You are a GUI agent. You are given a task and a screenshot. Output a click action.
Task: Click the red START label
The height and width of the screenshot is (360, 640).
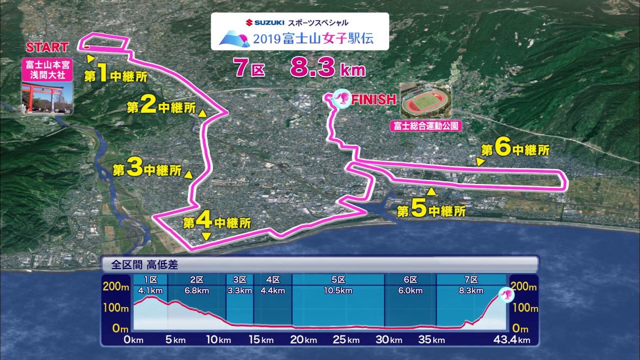point(47,47)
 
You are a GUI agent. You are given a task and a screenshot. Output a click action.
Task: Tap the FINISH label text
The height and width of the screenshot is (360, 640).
point(373,99)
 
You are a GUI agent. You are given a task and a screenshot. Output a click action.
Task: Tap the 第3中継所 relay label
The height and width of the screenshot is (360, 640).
point(147,169)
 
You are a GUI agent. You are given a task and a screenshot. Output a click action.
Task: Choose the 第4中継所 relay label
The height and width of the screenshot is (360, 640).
point(216,221)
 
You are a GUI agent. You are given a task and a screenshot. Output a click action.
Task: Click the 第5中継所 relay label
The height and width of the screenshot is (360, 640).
point(431,210)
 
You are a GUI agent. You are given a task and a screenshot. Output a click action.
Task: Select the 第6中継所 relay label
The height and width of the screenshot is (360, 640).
point(515,149)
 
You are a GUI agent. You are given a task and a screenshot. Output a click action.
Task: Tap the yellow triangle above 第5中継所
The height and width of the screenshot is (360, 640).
point(431,191)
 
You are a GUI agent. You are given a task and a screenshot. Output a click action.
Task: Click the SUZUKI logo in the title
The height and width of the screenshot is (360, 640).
point(265,22)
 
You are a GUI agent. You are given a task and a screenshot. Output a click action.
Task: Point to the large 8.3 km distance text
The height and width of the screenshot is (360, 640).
point(327,68)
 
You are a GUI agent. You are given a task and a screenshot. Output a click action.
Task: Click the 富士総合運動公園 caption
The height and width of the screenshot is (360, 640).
point(426,126)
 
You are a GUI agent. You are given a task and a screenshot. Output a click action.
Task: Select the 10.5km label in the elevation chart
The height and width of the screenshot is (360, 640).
point(338,290)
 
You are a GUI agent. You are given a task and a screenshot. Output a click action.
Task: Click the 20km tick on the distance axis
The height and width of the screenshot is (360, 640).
point(303,340)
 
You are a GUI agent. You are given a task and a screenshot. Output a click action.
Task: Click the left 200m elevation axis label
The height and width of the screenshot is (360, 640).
point(115,287)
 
